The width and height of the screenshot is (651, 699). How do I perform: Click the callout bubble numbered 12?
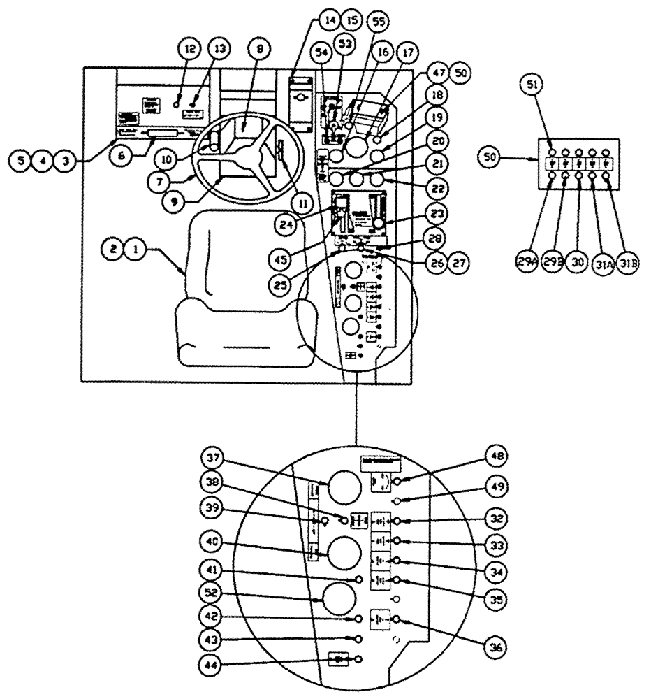pos(190,50)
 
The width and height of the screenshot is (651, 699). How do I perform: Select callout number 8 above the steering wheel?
pos(260,50)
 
